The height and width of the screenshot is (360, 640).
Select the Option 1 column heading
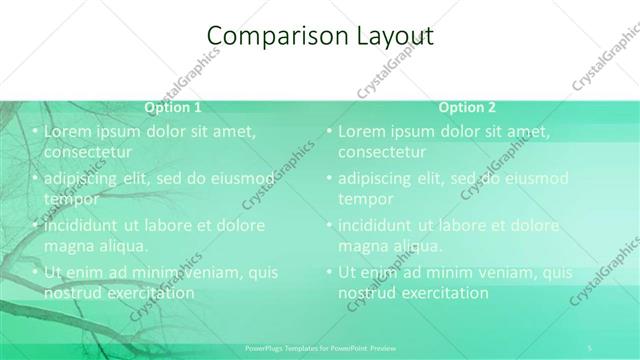(173, 107)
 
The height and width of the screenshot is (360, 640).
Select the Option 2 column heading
(467, 107)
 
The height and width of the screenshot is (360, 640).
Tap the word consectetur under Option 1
(89, 152)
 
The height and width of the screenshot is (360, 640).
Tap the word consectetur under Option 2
(382, 152)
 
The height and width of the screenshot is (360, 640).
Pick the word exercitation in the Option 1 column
(147, 293)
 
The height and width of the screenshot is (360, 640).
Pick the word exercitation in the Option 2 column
(441, 293)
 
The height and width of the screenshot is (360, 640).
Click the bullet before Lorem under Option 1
(36, 131)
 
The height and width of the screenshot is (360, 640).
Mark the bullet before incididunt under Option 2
(330, 225)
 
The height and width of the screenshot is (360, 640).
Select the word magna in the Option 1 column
(69, 245)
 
